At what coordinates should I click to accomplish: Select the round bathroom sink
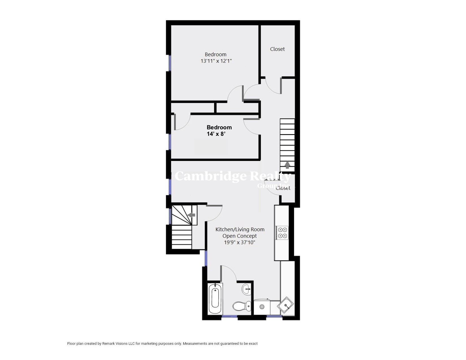click(x=246, y=289)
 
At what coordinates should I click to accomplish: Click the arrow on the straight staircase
click(x=287, y=165)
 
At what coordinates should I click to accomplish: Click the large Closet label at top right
click(x=277, y=49)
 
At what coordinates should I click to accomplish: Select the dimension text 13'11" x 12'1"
click(x=216, y=61)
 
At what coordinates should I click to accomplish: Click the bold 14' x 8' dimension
click(x=216, y=134)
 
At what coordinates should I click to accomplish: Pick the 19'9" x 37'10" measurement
click(x=239, y=242)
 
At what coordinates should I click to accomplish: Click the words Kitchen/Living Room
click(x=240, y=230)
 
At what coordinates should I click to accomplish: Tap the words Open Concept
click(x=240, y=236)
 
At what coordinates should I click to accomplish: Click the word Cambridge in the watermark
click(x=211, y=176)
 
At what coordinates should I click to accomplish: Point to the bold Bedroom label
click(x=219, y=127)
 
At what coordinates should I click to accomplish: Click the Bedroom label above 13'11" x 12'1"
click(x=215, y=54)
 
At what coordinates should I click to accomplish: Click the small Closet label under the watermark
click(x=283, y=188)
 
